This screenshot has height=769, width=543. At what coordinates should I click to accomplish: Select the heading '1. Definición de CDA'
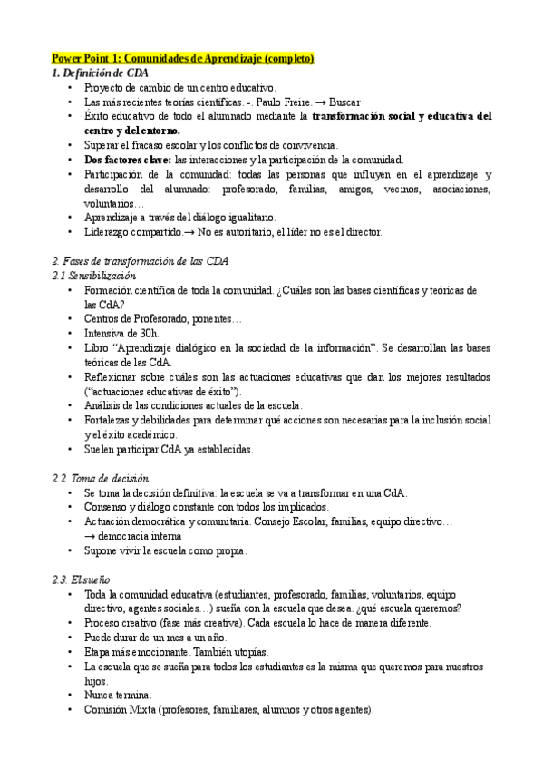(x=101, y=73)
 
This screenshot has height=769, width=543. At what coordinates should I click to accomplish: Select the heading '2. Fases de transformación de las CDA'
(x=141, y=261)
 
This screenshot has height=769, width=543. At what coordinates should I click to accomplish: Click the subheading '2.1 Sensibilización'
(x=94, y=276)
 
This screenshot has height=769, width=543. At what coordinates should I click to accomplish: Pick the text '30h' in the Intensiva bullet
(x=147, y=333)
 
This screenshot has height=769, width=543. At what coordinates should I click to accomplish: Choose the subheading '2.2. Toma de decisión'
(x=101, y=478)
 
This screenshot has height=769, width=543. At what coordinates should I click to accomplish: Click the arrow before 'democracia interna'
(x=90, y=536)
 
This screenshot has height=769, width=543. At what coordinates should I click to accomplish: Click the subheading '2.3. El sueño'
(x=84, y=579)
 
